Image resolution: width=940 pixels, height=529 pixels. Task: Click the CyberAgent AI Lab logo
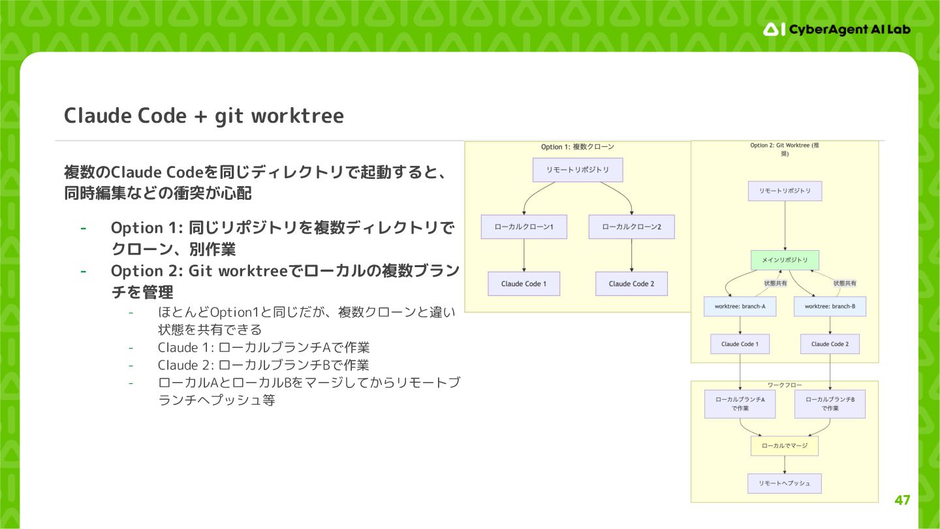(837, 29)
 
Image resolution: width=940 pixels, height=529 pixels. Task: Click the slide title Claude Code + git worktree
(204, 116)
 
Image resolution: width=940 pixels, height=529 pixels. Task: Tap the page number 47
(902, 500)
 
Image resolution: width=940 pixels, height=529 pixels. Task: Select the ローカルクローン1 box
(524, 227)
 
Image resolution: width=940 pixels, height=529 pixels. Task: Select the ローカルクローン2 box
(631, 227)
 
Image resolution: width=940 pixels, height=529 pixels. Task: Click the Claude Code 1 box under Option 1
(524, 283)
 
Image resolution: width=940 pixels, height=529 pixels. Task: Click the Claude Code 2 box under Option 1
(631, 283)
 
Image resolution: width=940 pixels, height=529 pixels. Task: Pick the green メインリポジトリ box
(785, 259)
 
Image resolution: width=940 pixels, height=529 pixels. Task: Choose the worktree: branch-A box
(740, 306)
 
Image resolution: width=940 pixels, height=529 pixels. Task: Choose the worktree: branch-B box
(830, 306)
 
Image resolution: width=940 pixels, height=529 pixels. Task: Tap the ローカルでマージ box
(785, 445)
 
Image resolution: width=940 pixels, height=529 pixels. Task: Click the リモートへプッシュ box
(785, 483)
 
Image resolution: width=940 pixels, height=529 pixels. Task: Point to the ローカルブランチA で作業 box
(740, 404)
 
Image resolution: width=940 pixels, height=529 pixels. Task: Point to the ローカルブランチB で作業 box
(830, 404)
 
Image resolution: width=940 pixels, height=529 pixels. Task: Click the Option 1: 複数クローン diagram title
(578, 147)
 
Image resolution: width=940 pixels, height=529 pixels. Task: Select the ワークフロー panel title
(785, 385)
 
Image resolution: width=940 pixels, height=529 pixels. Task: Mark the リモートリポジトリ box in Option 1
(578, 170)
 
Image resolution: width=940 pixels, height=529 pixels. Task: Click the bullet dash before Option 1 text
(83, 228)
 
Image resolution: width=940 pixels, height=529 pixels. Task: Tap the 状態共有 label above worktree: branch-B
(845, 283)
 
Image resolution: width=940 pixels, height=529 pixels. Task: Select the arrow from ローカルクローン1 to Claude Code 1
(524, 255)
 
